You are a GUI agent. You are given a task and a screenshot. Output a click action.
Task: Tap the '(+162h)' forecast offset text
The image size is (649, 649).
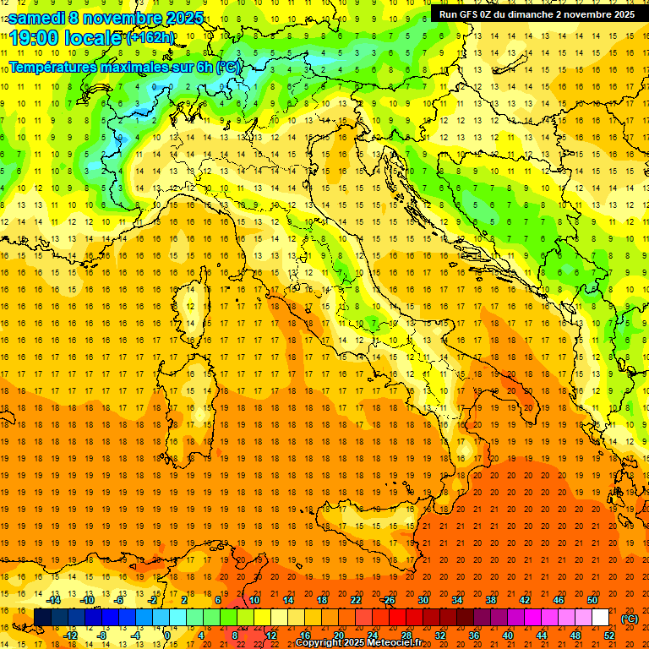click(150, 38)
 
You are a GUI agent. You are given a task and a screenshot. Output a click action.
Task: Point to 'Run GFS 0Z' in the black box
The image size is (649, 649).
click(466, 14)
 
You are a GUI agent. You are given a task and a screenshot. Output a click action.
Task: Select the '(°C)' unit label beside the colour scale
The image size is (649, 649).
click(630, 619)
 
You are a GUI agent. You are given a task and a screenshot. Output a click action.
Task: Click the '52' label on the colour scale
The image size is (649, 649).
click(609, 635)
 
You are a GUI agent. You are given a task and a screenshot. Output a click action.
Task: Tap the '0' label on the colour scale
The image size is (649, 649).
click(168, 635)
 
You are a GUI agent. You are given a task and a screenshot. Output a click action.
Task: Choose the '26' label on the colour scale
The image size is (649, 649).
click(390, 600)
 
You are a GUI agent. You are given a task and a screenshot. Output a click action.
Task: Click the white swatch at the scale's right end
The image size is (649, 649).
click(600, 618)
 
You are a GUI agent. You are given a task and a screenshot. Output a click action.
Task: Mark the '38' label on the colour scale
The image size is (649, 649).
click(491, 600)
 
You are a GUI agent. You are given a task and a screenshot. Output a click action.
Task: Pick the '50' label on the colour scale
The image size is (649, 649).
click(592, 600)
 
